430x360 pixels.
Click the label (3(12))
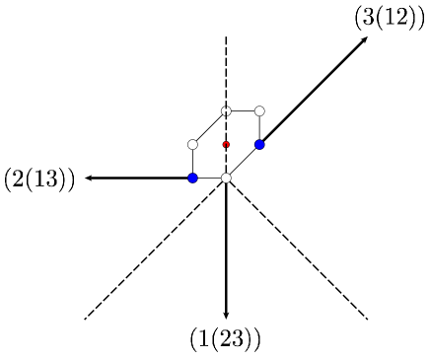click(x=388, y=18)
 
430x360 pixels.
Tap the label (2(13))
click(x=40, y=180)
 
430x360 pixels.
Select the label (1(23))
click(x=225, y=339)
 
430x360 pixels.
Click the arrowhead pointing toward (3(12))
click(x=365, y=39)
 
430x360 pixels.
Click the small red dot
click(x=226, y=145)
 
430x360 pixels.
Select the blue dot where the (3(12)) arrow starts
click(x=259, y=145)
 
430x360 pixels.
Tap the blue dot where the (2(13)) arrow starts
click(x=192, y=178)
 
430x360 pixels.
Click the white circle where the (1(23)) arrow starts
click(x=226, y=178)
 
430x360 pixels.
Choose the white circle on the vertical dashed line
click(x=226, y=111)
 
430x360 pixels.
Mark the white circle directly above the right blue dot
click(x=259, y=111)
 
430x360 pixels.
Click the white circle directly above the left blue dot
click(x=192, y=145)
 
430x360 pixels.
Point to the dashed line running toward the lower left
click(x=148, y=256)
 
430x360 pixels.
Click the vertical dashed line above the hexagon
click(x=226, y=69)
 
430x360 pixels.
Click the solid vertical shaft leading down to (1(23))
click(x=226, y=247)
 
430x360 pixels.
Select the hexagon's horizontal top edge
click(x=243, y=111)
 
